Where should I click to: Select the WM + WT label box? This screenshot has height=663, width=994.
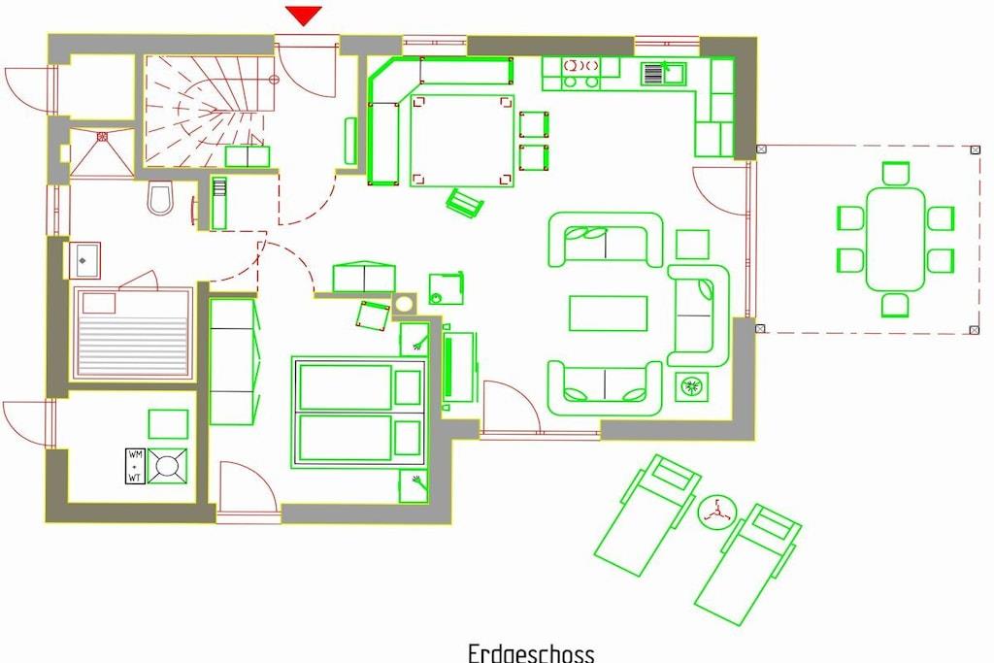coord(135,466)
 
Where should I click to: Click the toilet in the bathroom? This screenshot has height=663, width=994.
coord(160,198)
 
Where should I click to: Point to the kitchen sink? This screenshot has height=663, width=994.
coord(662,74)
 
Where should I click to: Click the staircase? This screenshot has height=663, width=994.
coord(211,112)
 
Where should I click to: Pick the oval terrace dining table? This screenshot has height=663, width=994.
coord(895,239)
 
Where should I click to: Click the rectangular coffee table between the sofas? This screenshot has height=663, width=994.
coord(608,314)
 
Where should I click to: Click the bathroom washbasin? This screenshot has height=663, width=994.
coord(84,260)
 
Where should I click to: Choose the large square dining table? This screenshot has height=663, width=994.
coord(462,140)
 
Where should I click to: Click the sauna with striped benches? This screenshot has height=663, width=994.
coord(133,333)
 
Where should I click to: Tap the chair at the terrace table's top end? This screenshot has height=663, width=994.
coord(896,173)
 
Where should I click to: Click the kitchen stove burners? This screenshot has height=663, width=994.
coord(580,73)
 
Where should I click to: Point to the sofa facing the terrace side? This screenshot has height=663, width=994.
coord(699,315)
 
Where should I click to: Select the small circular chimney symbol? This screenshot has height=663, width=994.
coord(404,304)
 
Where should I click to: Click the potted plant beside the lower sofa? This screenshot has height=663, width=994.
coord(691,386)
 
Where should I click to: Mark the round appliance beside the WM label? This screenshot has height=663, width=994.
coord(167,466)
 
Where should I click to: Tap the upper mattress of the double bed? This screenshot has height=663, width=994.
coord(346,386)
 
